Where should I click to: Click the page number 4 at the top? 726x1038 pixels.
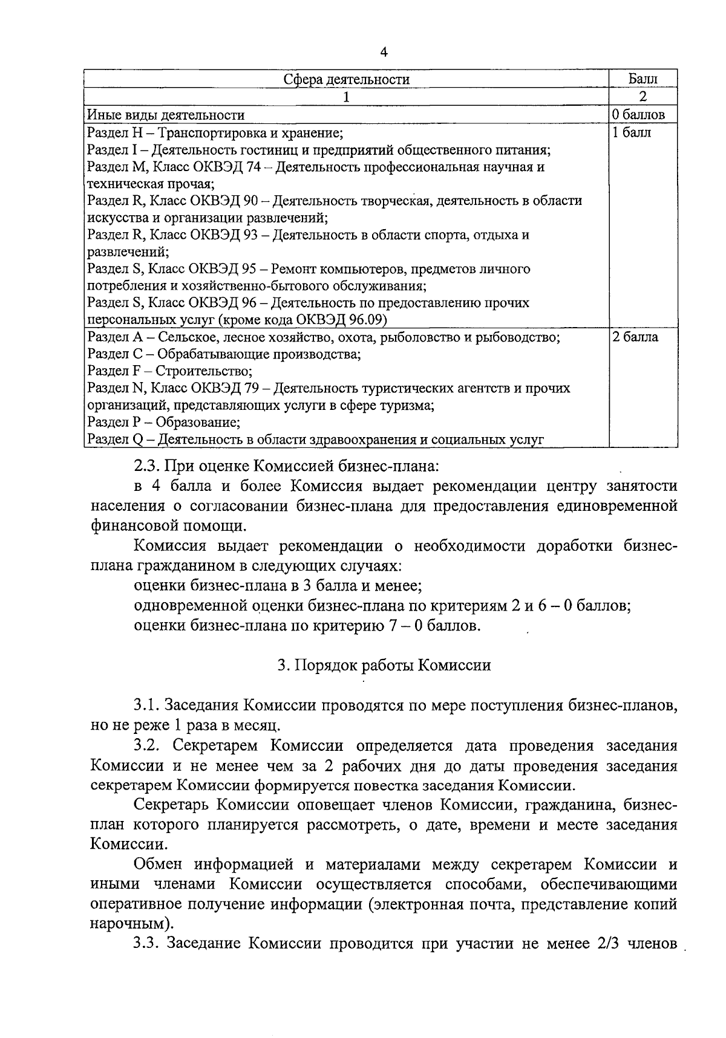point(383,52)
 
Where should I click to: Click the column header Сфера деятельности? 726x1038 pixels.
point(347,79)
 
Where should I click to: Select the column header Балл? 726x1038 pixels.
point(643,79)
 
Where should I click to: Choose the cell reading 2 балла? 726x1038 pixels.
point(635,337)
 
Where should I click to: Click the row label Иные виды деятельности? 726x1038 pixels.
point(166,115)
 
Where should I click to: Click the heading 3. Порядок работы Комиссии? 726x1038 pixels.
point(384,665)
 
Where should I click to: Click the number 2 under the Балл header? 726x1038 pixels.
point(643,97)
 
